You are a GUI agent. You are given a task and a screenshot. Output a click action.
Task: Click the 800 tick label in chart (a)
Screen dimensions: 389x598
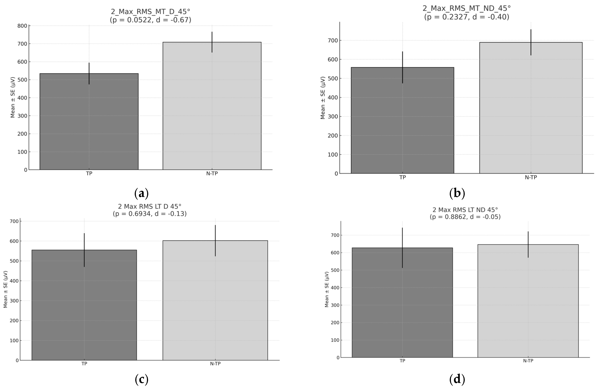point(22,26)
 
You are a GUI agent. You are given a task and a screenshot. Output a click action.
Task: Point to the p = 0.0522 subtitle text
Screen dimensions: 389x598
point(150,20)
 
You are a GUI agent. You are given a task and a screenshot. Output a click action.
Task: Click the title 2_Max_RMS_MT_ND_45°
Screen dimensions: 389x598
point(466,8)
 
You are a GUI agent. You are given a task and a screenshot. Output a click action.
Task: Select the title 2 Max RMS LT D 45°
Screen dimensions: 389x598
point(149,206)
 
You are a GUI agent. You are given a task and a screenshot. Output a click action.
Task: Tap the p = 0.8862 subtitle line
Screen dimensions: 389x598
point(465,217)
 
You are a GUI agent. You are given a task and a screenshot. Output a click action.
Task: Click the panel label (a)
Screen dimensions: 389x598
point(141,193)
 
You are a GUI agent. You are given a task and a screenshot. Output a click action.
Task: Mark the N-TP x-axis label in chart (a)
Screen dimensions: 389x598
point(212,173)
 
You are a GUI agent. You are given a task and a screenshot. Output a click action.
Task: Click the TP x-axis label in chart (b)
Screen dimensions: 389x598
point(402,177)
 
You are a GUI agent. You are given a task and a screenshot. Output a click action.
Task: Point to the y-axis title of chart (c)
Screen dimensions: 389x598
point(5,289)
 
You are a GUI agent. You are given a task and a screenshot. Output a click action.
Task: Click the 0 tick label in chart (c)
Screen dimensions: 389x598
point(17,361)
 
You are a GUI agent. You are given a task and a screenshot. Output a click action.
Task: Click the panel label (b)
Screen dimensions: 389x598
point(457,193)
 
